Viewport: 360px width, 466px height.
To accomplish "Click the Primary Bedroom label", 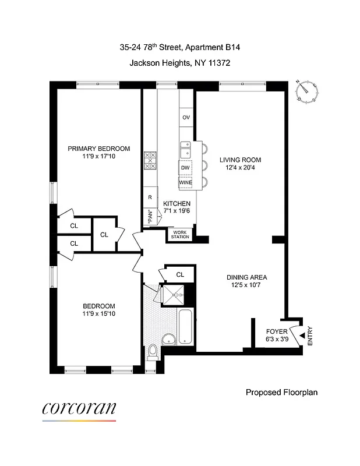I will [98, 149].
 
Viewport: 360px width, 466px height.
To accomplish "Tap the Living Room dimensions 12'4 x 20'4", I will [240, 168].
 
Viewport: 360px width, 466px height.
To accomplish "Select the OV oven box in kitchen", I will [186, 117].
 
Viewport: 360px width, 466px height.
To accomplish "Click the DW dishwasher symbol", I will [186, 168].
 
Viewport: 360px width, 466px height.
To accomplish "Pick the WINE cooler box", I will [186, 182].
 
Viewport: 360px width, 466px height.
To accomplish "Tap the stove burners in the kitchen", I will [150, 161].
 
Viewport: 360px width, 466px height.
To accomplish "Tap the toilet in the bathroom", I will [153, 351].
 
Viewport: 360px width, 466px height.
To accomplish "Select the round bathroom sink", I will [169, 340].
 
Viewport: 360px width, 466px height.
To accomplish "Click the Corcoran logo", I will [79, 409].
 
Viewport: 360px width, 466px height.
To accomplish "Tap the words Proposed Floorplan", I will [281, 393].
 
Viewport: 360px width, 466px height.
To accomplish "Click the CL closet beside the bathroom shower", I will [180, 274].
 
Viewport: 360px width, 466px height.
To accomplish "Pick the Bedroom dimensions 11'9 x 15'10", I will [98, 315].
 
